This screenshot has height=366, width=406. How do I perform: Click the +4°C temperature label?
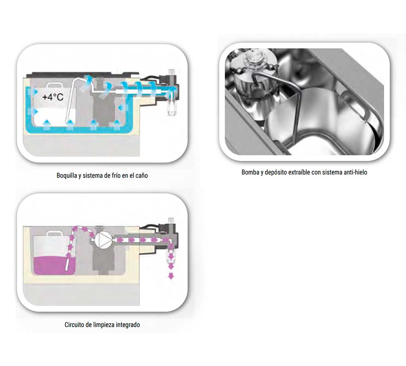pos(53,97)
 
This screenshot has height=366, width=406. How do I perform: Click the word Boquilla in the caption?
pos(66,176)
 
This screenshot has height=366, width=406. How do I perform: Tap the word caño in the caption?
pos(141,176)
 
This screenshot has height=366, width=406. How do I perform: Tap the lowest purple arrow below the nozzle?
pos(171,276)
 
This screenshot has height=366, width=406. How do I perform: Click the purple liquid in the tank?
pos(53,266)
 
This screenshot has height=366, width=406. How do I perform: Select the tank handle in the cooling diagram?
pos(54,85)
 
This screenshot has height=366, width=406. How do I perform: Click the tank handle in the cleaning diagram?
pos(54,234)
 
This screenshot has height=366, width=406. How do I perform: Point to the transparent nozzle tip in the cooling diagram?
pos(171,108)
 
